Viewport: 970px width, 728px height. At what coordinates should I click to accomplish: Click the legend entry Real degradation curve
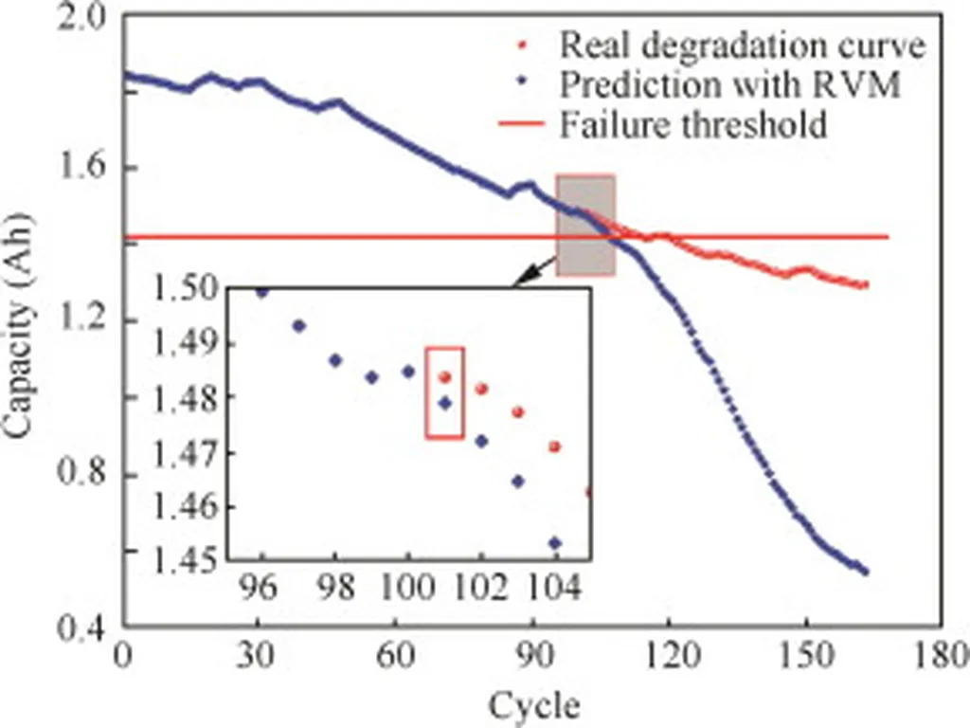[x=741, y=44]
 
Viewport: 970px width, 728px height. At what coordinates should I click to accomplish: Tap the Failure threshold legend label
[x=692, y=124]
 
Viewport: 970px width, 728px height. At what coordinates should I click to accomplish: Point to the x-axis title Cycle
[x=534, y=704]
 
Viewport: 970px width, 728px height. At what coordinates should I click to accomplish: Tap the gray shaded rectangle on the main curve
[x=585, y=225]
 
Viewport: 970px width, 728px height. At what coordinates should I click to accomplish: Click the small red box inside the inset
[x=444, y=392]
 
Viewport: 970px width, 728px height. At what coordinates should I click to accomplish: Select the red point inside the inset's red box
[x=444, y=377]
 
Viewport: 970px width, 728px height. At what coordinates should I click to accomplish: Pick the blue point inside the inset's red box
[x=444, y=403]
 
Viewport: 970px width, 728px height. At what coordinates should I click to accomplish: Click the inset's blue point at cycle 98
[x=334, y=360]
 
